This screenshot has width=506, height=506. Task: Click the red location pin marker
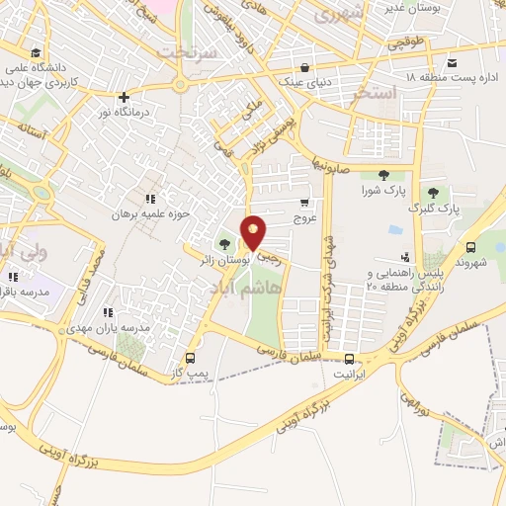tap(254, 232)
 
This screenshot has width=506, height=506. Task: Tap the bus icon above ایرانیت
tap(349, 358)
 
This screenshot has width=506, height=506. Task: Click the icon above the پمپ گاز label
tap(190, 358)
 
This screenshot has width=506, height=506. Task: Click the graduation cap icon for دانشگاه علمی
tap(36, 52)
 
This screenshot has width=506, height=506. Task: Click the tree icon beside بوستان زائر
tap(225, 243)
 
